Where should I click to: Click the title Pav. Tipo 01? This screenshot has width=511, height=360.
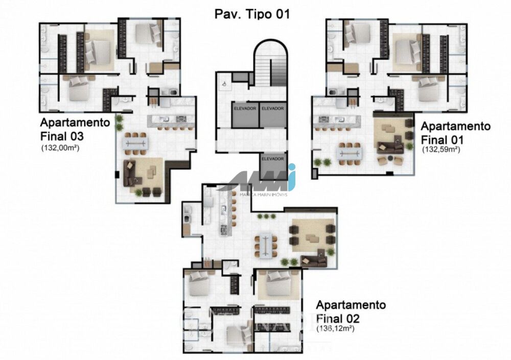251,14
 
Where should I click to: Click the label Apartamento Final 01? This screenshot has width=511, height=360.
455,133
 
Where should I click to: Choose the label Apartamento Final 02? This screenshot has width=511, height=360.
351,312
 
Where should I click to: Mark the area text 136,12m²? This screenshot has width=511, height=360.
336,329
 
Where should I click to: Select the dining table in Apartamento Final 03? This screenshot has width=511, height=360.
136,142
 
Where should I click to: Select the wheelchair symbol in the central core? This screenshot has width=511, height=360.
223,81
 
